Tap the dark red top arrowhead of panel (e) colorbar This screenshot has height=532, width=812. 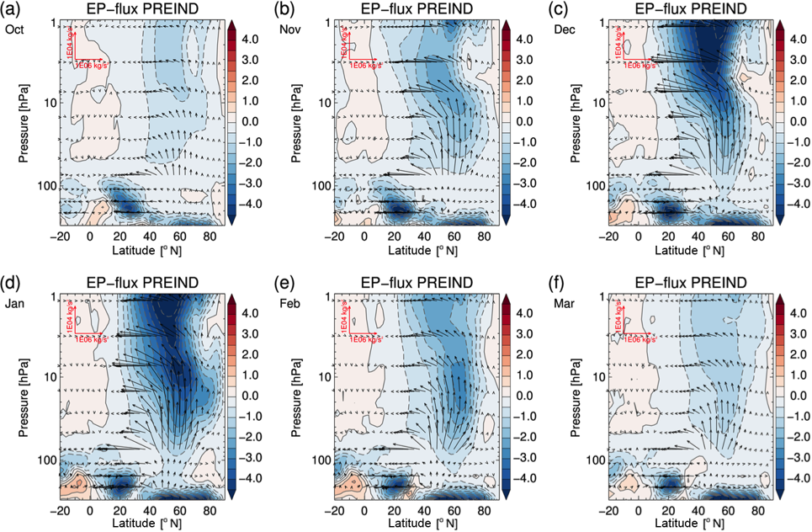[507, 297]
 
